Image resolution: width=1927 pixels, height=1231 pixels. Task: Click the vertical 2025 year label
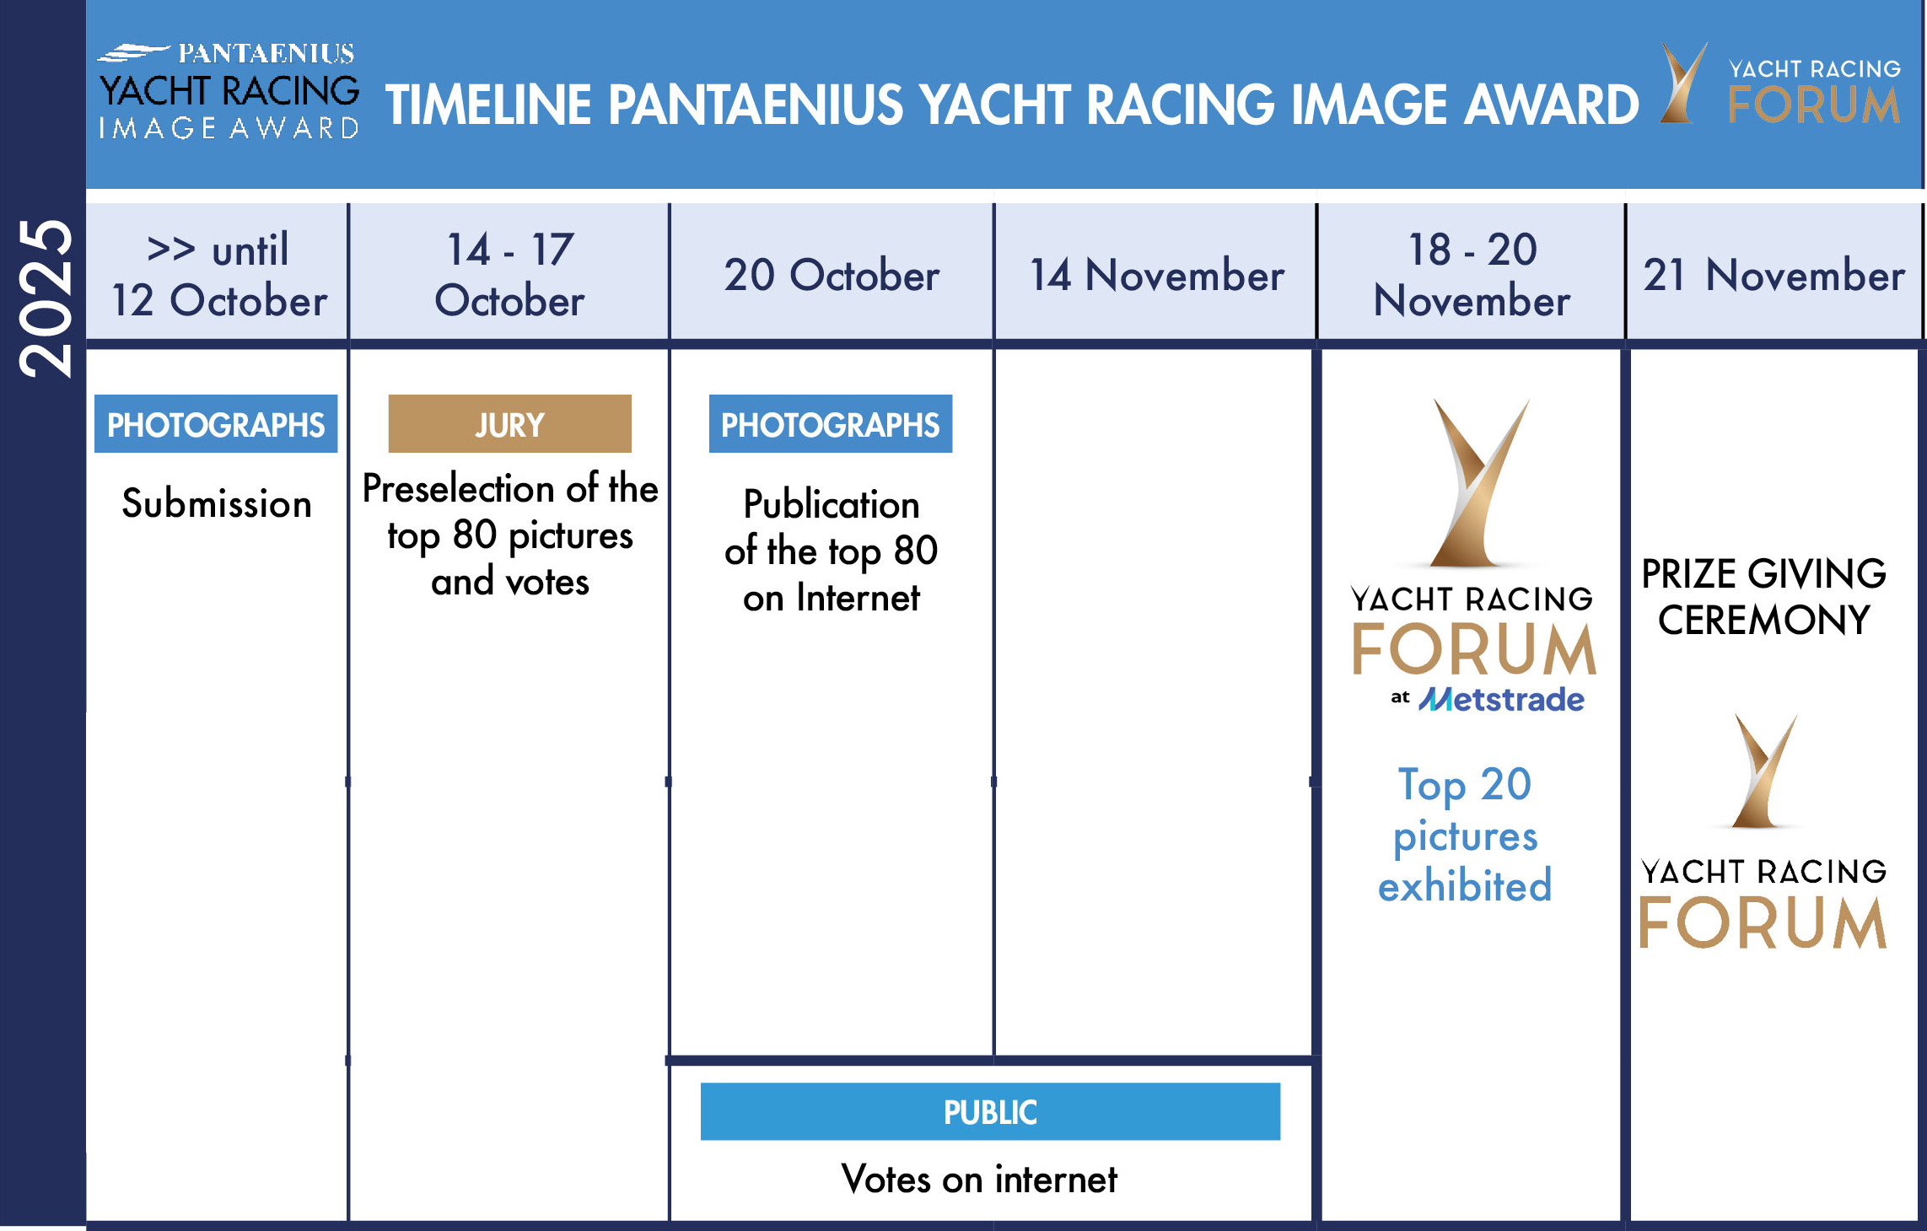(46, 298)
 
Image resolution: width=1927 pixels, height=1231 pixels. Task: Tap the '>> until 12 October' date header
(218, 275)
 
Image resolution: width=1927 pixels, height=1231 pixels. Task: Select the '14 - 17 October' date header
(509, 275)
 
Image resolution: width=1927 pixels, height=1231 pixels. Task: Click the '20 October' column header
(832, 275)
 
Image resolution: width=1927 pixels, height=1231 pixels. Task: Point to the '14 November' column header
(1157, 275)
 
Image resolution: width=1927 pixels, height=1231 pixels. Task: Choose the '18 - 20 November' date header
(1472, 275)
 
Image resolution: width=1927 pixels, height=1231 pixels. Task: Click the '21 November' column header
(1774, 275)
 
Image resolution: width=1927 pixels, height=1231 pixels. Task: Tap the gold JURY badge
(509, 424)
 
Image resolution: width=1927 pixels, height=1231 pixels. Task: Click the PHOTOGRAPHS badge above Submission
(216, 424)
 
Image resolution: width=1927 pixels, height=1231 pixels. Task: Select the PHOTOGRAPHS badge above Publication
(831, 424)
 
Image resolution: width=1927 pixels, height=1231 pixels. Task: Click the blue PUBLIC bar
(990, 1112)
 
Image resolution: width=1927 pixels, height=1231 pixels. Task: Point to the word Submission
(217, 504)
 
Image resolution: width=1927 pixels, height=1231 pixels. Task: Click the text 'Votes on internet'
(979, 1179)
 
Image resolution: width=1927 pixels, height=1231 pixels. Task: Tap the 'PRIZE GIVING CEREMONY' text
(1763, 597)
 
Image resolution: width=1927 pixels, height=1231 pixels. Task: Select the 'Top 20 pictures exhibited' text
(1465, 834)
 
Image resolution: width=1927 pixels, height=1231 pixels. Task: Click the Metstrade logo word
(1501, 699)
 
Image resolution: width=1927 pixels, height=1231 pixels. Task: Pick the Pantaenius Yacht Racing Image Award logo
(229, 90)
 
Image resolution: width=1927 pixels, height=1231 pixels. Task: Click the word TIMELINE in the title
(488, 105)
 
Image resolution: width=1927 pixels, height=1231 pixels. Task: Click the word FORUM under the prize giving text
(1763, 922)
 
